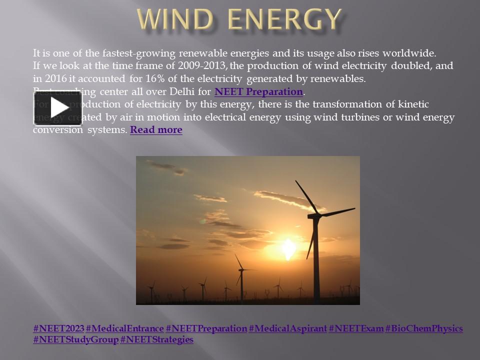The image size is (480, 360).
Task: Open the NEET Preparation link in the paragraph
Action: pyautogui.click(x=258, y=92)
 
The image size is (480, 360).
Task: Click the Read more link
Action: pyautogui.click(x=156, y=130)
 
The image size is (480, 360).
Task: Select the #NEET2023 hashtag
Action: pyautogui.click(x=58, y=328)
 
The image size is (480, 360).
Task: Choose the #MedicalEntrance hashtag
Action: pyautogui.click(x=124, y=328)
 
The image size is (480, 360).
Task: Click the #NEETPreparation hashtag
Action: pyautogui.click(x=206, y=328)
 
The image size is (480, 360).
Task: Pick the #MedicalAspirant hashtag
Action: pyautogui.click(x=287, y=328)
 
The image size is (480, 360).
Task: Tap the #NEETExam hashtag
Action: pyautogui.click(x=355, y=328)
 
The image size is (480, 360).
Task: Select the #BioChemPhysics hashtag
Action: pyautogui.click(x=424, y=328)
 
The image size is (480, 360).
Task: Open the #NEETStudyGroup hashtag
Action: pyautogui.click(x=75, y=339)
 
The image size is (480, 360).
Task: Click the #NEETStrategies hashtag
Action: pyautogui.click(x=156, y=339)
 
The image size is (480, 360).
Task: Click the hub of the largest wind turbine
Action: pyautogui.click(x=314, y=216)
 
